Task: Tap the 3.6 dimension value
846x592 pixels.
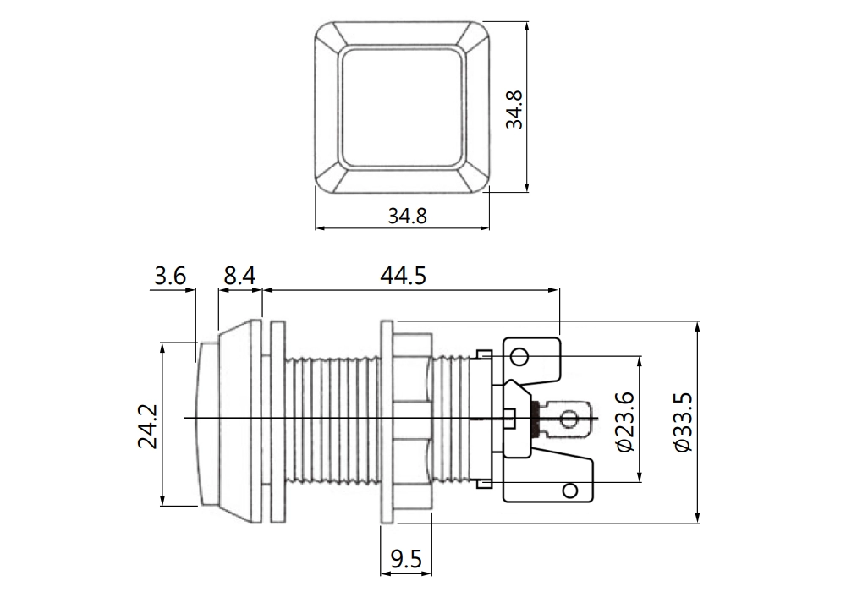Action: point(170,277)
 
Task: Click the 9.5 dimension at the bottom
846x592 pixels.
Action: point(406,558)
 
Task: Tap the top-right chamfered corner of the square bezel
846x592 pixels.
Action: point(476,35)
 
